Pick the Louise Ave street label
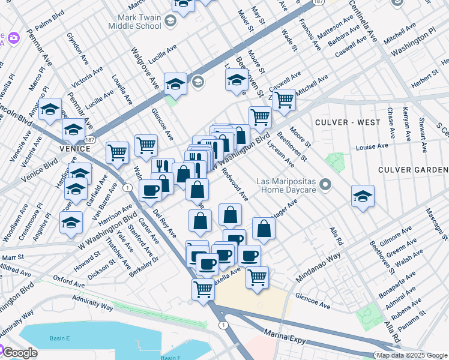372,147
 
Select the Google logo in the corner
19,352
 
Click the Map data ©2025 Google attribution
412,355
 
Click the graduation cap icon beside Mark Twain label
170,22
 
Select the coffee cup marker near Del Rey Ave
150,190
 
